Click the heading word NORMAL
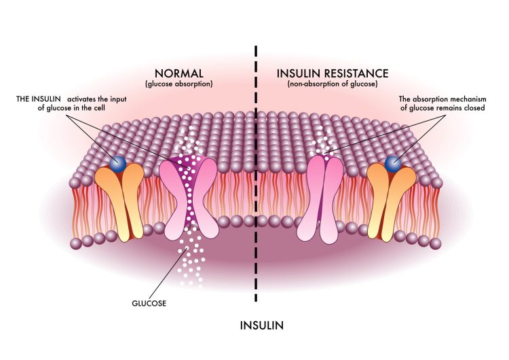(x=179, y=73)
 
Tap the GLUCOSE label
(x=149, y=304)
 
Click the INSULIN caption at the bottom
(x=262, y=325)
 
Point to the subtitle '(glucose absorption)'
(x=179, y=84)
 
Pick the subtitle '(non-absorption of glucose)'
(x=333, y=84)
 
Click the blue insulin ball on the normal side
(x=118, y=164)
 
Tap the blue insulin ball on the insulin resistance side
(x=393, y=164)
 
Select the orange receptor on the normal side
(x=119, y=202)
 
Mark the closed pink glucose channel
(x=320, y=199)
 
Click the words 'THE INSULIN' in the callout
(x=38, y=98)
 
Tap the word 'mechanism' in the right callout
(x=470, y=98)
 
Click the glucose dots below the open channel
(x=191, y=257)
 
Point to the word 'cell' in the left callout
(x=99, y=107)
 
